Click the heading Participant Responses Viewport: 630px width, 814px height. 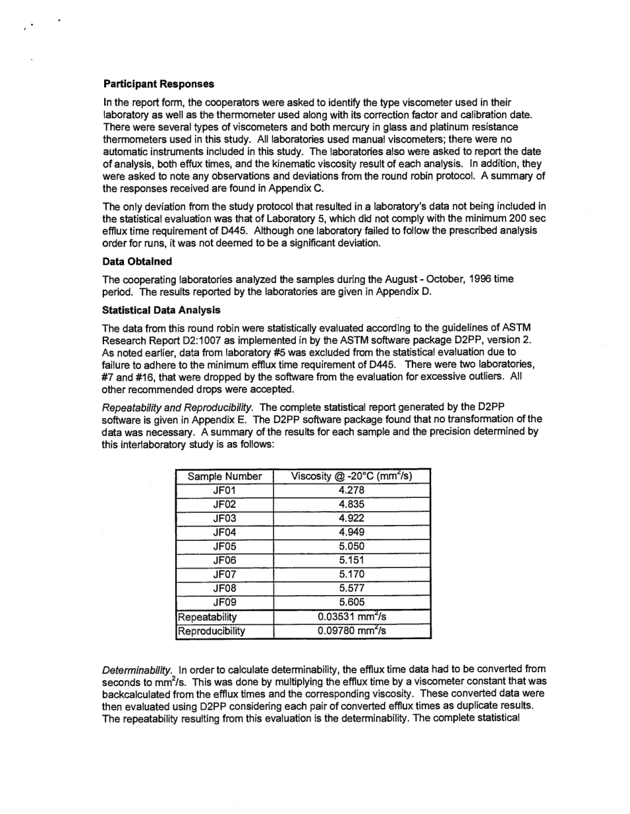point(158,84)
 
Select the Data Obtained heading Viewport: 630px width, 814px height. point(137,261)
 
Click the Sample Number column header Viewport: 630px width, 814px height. point(225,477)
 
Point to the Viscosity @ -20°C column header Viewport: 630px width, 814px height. point(351,476)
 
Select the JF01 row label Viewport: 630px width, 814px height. point(225,491)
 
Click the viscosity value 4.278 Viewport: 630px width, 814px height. point(351,491)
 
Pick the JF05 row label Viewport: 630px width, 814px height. point(225,547)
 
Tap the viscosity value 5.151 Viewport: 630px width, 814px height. point(351,561)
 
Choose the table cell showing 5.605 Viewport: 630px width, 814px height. point(351,603)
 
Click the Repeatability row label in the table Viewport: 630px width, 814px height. point(206,617)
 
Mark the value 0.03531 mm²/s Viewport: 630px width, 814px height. point(351,616)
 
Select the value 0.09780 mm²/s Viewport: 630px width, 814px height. point(351,631)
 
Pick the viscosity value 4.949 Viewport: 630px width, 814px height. point(351,532)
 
